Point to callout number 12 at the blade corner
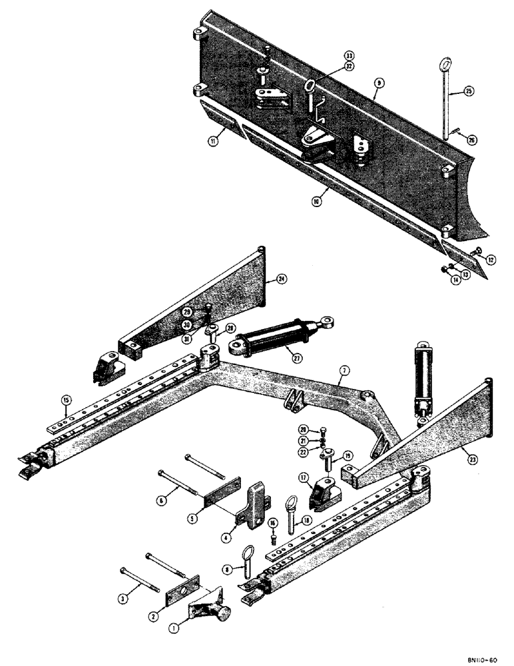click(x=491, y=259)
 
